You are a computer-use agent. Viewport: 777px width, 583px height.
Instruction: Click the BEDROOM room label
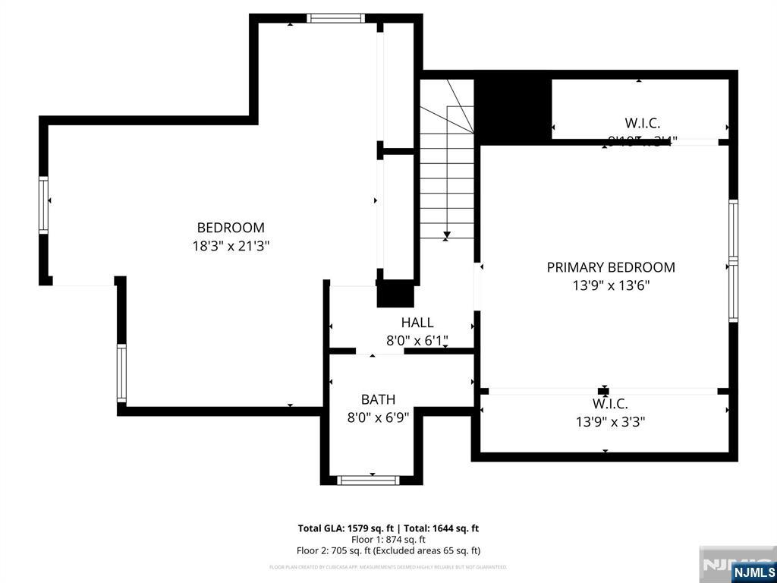(231, 227)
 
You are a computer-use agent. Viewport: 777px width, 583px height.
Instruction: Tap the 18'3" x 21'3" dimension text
(231, 246)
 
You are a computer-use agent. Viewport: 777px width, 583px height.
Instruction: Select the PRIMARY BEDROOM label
(611, 267)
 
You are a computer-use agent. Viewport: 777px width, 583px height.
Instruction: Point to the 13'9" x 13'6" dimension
(611, 285)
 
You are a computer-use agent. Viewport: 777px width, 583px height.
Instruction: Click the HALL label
(417, 323)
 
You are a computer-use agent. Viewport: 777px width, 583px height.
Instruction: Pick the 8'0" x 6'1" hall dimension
(417, 341)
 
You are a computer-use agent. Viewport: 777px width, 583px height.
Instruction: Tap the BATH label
(378, 399)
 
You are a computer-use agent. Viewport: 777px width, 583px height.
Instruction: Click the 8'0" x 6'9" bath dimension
(378, 417)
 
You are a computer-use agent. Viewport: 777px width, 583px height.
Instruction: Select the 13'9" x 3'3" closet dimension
(610, 421)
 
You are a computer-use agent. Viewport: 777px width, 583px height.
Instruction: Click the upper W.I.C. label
(642, 122)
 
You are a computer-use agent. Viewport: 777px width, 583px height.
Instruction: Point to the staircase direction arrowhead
(447, 235)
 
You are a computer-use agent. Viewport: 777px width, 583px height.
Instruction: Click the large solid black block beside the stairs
(512, 106)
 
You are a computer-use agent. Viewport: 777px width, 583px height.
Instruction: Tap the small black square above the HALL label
(395, 293)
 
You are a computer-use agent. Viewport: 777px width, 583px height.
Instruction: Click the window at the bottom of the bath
(368, 480)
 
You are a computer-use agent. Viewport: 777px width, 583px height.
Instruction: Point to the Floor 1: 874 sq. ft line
(388, 540)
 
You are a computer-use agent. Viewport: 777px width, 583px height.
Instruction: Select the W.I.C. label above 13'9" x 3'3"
(610, 404)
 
